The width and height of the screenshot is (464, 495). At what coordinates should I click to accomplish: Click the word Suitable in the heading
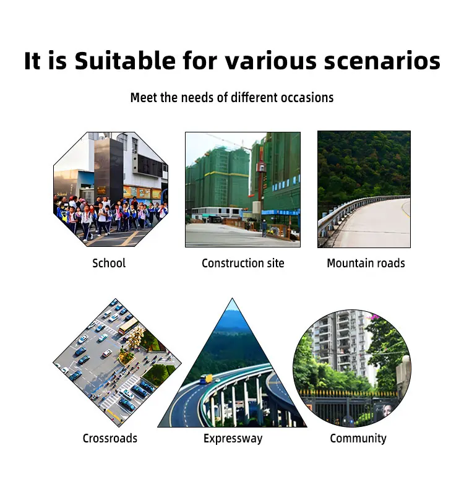click(x=125, y=61)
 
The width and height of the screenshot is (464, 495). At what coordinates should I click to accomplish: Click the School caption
click(x=109, y=263)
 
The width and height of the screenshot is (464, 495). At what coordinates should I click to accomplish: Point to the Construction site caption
click(x=243, y=263)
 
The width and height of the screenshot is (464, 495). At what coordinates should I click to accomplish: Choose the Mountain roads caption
click(x=366, y=263)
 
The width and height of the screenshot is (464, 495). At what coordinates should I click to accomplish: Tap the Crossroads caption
click(x=110, y=439)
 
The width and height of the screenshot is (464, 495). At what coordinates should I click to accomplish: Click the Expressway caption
click(x=233, y=439)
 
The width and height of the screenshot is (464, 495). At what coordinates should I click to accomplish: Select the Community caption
click(x=358, y=439)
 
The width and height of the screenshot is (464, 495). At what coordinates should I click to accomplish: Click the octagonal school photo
click(x=110, y=189)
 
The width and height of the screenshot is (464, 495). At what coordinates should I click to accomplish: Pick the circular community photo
click(x=351, y=368)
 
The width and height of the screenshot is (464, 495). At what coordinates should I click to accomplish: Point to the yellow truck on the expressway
click(x=205, y=379)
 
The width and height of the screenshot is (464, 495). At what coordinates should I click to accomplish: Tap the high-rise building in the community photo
click(x=337, y=340)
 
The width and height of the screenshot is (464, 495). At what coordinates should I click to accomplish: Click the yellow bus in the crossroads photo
click(x=128, y=325)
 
